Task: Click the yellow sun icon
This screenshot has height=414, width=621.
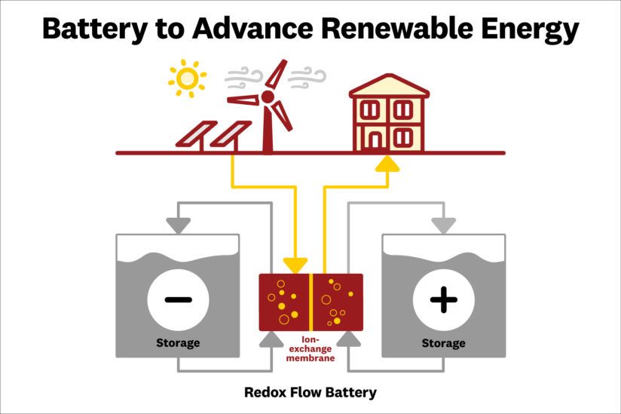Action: [x=187, y=78]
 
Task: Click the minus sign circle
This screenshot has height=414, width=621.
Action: [x=178, y=299]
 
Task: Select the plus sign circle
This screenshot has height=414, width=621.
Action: [x=443, y=299]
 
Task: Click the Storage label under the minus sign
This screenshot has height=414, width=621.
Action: [x=178, y=343]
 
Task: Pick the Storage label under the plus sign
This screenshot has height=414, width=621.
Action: [x=443, y=343]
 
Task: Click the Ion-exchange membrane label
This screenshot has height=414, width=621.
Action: [x=310, y=349]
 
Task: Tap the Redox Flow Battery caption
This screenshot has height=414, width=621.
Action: [x=310, y=392]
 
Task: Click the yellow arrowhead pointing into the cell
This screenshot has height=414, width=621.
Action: [x=296, y=265]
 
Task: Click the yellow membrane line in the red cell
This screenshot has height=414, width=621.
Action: [x=310, y=302]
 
